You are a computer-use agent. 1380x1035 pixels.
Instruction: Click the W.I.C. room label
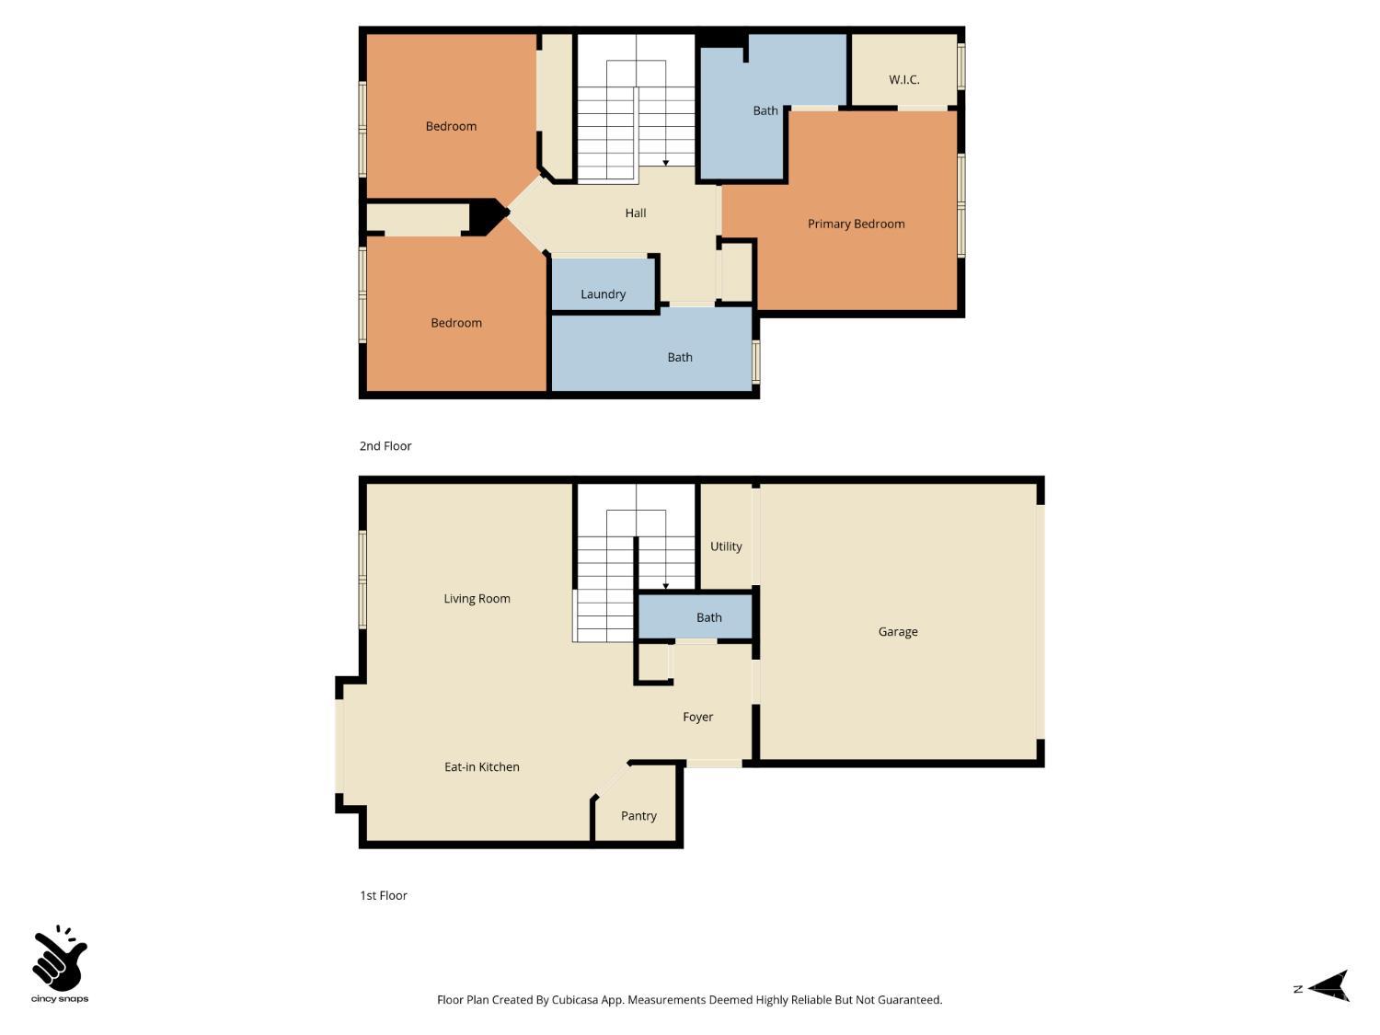(903, 80)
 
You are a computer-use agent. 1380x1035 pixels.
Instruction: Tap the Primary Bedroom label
(856, 224)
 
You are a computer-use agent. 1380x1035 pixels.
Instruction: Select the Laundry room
(603, 293)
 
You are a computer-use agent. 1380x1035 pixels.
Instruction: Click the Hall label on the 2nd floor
(635, 213)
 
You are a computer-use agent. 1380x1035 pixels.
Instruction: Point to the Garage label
(897, 632)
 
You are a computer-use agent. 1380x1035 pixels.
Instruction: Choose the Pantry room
(638, 816)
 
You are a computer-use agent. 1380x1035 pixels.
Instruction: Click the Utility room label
(725, 546)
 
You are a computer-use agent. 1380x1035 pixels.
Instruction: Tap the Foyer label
(697, 717)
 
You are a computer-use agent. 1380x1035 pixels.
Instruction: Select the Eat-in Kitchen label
(481, 767)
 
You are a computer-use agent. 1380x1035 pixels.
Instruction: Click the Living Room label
(477, 599)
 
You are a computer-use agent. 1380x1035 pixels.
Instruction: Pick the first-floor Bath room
(708, 617)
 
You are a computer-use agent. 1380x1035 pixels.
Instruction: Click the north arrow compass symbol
(1328, 986)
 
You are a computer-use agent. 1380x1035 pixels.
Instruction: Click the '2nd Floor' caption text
(385, 446)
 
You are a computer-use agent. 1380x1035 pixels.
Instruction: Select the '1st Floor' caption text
(383, 895)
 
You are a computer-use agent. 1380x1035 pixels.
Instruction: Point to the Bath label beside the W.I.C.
(765, 110)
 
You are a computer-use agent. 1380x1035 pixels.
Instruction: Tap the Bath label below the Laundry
(680, 357)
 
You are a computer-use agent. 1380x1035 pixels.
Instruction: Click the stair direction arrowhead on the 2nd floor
(665, 163)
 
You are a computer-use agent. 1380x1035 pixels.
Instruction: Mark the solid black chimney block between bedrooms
(486, 216)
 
